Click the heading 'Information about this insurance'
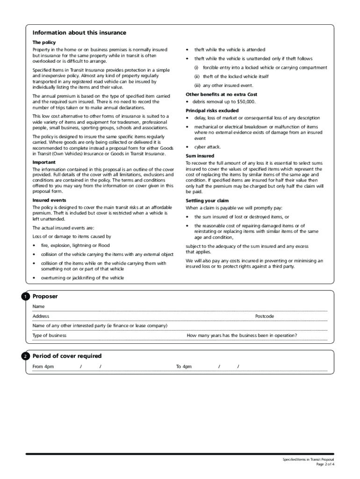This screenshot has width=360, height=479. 79,33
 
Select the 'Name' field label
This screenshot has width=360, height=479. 38,306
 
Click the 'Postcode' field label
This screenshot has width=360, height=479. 265,316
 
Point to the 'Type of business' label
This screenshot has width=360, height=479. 49,335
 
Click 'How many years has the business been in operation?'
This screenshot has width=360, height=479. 242,335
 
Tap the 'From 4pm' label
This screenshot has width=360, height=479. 43,367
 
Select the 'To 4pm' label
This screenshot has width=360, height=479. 184,367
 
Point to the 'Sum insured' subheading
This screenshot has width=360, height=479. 200,156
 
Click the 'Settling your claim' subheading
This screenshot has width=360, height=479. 207,201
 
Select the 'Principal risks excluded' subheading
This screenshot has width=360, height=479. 212,111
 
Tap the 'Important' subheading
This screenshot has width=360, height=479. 44,162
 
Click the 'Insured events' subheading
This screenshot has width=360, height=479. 49,200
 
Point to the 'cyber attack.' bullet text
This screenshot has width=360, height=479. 208,147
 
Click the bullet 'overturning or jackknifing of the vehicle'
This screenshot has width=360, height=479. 82,278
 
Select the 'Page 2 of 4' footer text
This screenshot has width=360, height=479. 325,464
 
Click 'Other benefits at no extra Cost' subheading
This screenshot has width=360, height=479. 221,94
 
